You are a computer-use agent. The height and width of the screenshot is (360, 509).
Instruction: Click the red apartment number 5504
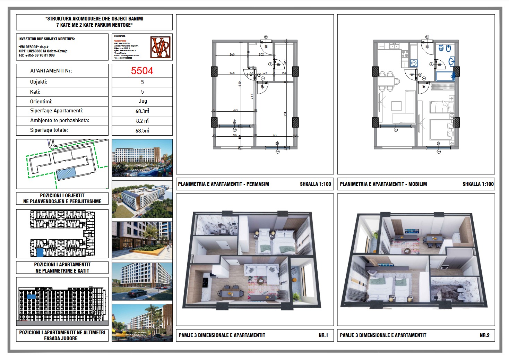tap(142, 71)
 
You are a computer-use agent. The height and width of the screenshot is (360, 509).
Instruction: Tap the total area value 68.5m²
tap(142, 130)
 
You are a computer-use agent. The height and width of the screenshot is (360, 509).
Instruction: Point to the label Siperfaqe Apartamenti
tap(57, 111)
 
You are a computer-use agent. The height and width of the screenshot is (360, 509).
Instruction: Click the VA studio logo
tap(161, 47)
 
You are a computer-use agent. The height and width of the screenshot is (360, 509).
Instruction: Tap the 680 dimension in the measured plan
tap(240, 84)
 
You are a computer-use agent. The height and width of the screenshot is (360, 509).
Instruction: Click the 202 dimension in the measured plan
tap(261, 54)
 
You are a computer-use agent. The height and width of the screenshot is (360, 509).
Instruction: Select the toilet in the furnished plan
tap(441, 48)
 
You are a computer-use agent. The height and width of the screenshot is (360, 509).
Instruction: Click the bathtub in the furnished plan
tap(445, 76)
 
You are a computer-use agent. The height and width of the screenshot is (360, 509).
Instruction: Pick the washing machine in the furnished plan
tap(414, 63)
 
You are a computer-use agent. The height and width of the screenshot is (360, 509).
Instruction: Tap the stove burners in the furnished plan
tap(405, 54)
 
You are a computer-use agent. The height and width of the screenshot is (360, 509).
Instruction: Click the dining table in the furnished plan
tap(386, 82)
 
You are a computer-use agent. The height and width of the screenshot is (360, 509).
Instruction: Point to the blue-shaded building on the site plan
tap(66, 173)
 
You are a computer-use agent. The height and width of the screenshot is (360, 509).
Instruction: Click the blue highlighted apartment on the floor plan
tap(40, 252)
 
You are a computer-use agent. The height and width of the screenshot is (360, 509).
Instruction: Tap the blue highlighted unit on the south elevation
tap(31, 297)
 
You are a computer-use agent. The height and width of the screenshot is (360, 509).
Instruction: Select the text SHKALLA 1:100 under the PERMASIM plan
tap(315, 184)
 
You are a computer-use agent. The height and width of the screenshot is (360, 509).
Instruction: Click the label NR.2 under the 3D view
tap(484, 335)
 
